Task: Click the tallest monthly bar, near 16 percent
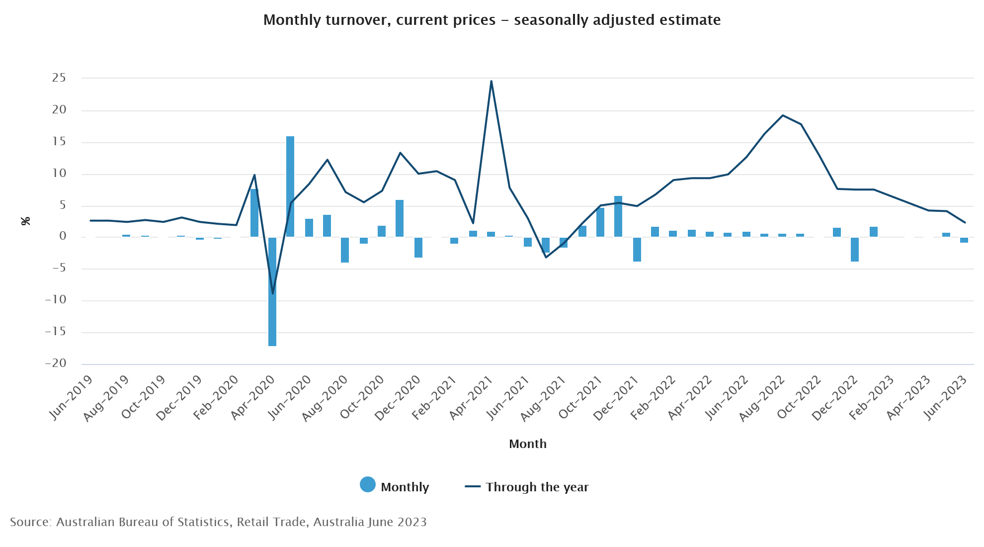[x=290, y=186]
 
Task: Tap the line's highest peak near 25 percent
[x=491, y=82]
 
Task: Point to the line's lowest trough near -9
[x=272, y=293]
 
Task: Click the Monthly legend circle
[x=368, y=484]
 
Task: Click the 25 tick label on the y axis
[x=59, y=78]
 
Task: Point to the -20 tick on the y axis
[x=56, y=363]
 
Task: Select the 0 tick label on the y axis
[x=63, y=236]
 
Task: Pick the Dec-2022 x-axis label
[x=835, y=397]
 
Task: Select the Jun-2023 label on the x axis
[x=945, y=397]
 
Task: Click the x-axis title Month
[x=527, y=444]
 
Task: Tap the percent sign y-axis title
[x=26, y=221]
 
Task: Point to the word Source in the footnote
[x=30, y=522]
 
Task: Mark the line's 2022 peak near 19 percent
[x=783, y=115]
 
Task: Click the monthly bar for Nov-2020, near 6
[x=400, y=218]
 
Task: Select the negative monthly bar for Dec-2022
[x=855, y=249]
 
